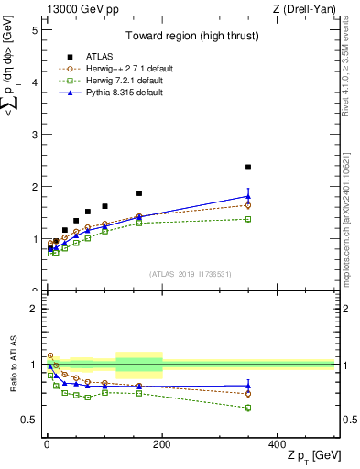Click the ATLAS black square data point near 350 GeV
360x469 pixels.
(x=248, y=167)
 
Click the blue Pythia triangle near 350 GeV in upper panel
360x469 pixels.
(x=248, y=196)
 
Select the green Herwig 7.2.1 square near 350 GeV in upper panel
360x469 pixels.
(x=248, y=219)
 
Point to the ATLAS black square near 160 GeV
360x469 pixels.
(x=139, y=193)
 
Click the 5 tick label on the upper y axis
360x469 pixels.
(x=35, y=29)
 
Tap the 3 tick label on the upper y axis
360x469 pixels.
(x=35, y=134)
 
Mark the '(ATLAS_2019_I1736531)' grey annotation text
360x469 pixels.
(x=191, y=275)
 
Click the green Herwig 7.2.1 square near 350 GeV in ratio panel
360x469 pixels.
(x=248, y=408)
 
